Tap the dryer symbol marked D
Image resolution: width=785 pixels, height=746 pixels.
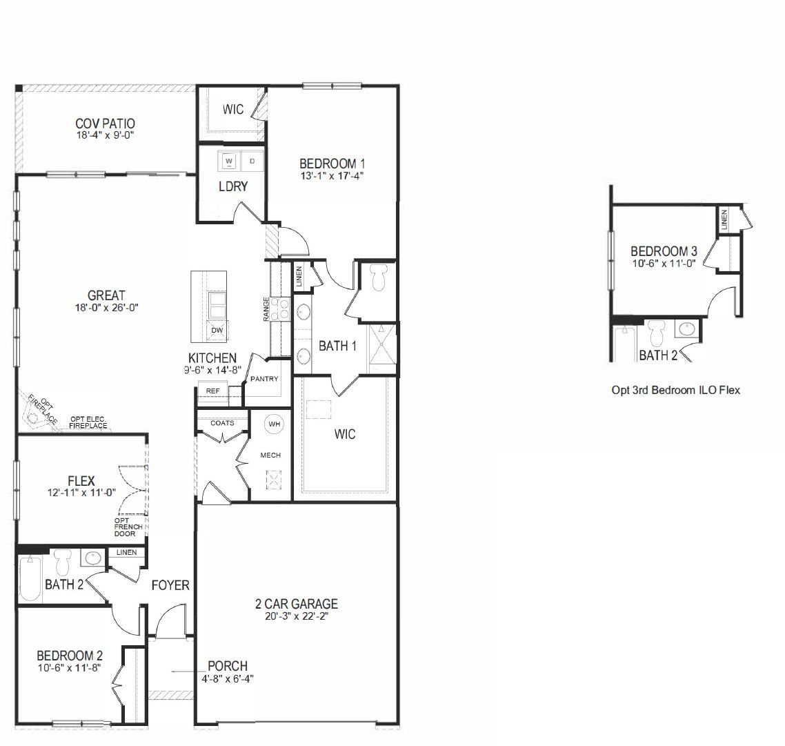pyautogui.click(x=252, y=161)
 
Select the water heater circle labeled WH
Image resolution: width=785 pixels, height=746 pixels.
pyautogui.click(x=275, y=424)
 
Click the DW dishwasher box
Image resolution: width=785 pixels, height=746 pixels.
pyautogui.click(x=217, y=331)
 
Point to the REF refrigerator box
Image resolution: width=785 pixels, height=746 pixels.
pyautogui.click(x=213, y=391)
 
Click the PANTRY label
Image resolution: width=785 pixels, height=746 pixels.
pyautogui.click(x=264, y=379)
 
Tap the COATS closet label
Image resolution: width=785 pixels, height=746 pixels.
pyautogui.click(x=222, y=423)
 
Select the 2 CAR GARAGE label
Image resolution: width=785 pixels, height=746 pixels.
pyautogui.click(x=296, y=605)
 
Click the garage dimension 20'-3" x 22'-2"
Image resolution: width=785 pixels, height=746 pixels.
pyautogui.click(x=296, y=617)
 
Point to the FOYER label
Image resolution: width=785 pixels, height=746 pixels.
pyautogui.click(x=170, y=585)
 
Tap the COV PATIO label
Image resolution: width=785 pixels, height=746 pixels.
pyautogui.click(x=105, y=124)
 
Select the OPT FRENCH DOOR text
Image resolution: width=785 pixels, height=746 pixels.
pyautogui.click(x=129, y=527)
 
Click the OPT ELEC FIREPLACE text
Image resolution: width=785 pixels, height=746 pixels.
pyautogui.click(x=88, y=422)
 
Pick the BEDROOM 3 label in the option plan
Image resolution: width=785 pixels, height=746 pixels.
pyautogui.click(x=659, y=251)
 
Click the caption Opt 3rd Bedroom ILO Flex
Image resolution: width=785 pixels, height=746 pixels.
pyautogui.click(x=675, y=390)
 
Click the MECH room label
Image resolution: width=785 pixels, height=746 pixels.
pyautogui.click(x=270, y=455)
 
